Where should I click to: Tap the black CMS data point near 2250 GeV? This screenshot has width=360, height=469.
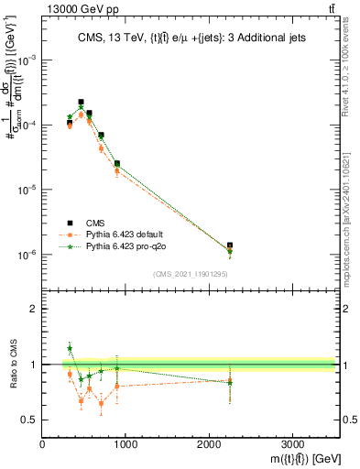tap(230, 245)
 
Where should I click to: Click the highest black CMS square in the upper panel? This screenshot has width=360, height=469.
tap(82, 103)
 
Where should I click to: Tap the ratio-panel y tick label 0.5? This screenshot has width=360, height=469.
tap(29, 420)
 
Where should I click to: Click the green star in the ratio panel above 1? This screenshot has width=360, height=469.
tap(70, 348)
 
